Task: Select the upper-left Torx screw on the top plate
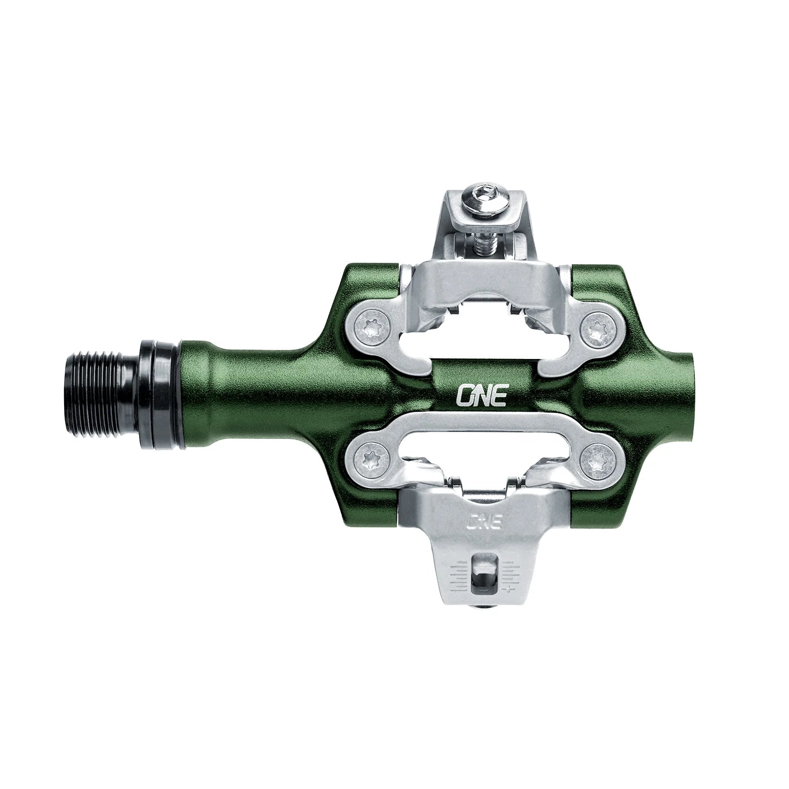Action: (370, 326)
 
